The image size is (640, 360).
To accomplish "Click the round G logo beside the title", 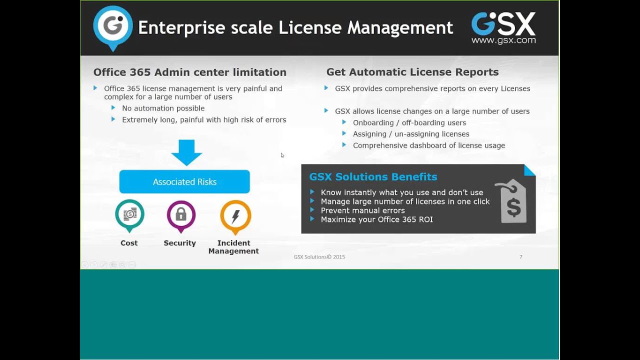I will (113, 27).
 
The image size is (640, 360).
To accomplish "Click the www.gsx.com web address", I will (503, 40).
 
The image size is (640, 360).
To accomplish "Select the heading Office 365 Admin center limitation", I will (190, 72).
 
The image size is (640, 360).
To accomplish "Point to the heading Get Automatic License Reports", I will (412, 72).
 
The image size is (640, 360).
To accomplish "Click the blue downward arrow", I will (186, 152).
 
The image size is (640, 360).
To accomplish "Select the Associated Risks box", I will (184, 181).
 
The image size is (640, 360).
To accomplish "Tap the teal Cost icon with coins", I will (129, 214).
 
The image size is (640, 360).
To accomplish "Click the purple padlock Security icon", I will (181, 215).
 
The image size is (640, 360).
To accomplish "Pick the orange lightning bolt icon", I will (235, 216).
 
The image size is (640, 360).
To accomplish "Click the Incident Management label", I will (233, 247).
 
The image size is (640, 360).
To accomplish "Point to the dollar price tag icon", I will (512, 202).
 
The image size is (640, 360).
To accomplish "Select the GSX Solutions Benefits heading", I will (373, 176).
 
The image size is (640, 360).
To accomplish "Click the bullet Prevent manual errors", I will (362, 210).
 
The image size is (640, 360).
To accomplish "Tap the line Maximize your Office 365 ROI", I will (376, 219).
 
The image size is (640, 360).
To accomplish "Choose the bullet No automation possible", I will (163, 108).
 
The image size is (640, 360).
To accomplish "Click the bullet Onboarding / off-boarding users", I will (409, 122).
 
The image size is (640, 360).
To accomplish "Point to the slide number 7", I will (521, 256).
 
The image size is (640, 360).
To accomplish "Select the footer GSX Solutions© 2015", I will (319, 257).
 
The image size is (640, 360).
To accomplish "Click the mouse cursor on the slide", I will (282, 155).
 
